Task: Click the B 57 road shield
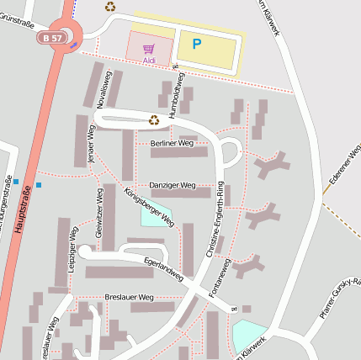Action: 50,38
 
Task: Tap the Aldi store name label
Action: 149,61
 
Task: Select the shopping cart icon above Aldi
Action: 149,49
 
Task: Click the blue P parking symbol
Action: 197,44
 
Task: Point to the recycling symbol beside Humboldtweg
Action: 154,119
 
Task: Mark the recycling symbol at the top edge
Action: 110,7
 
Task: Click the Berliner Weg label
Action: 172,144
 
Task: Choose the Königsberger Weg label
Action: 148,207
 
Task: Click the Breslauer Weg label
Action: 129,298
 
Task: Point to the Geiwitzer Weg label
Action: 98,226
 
